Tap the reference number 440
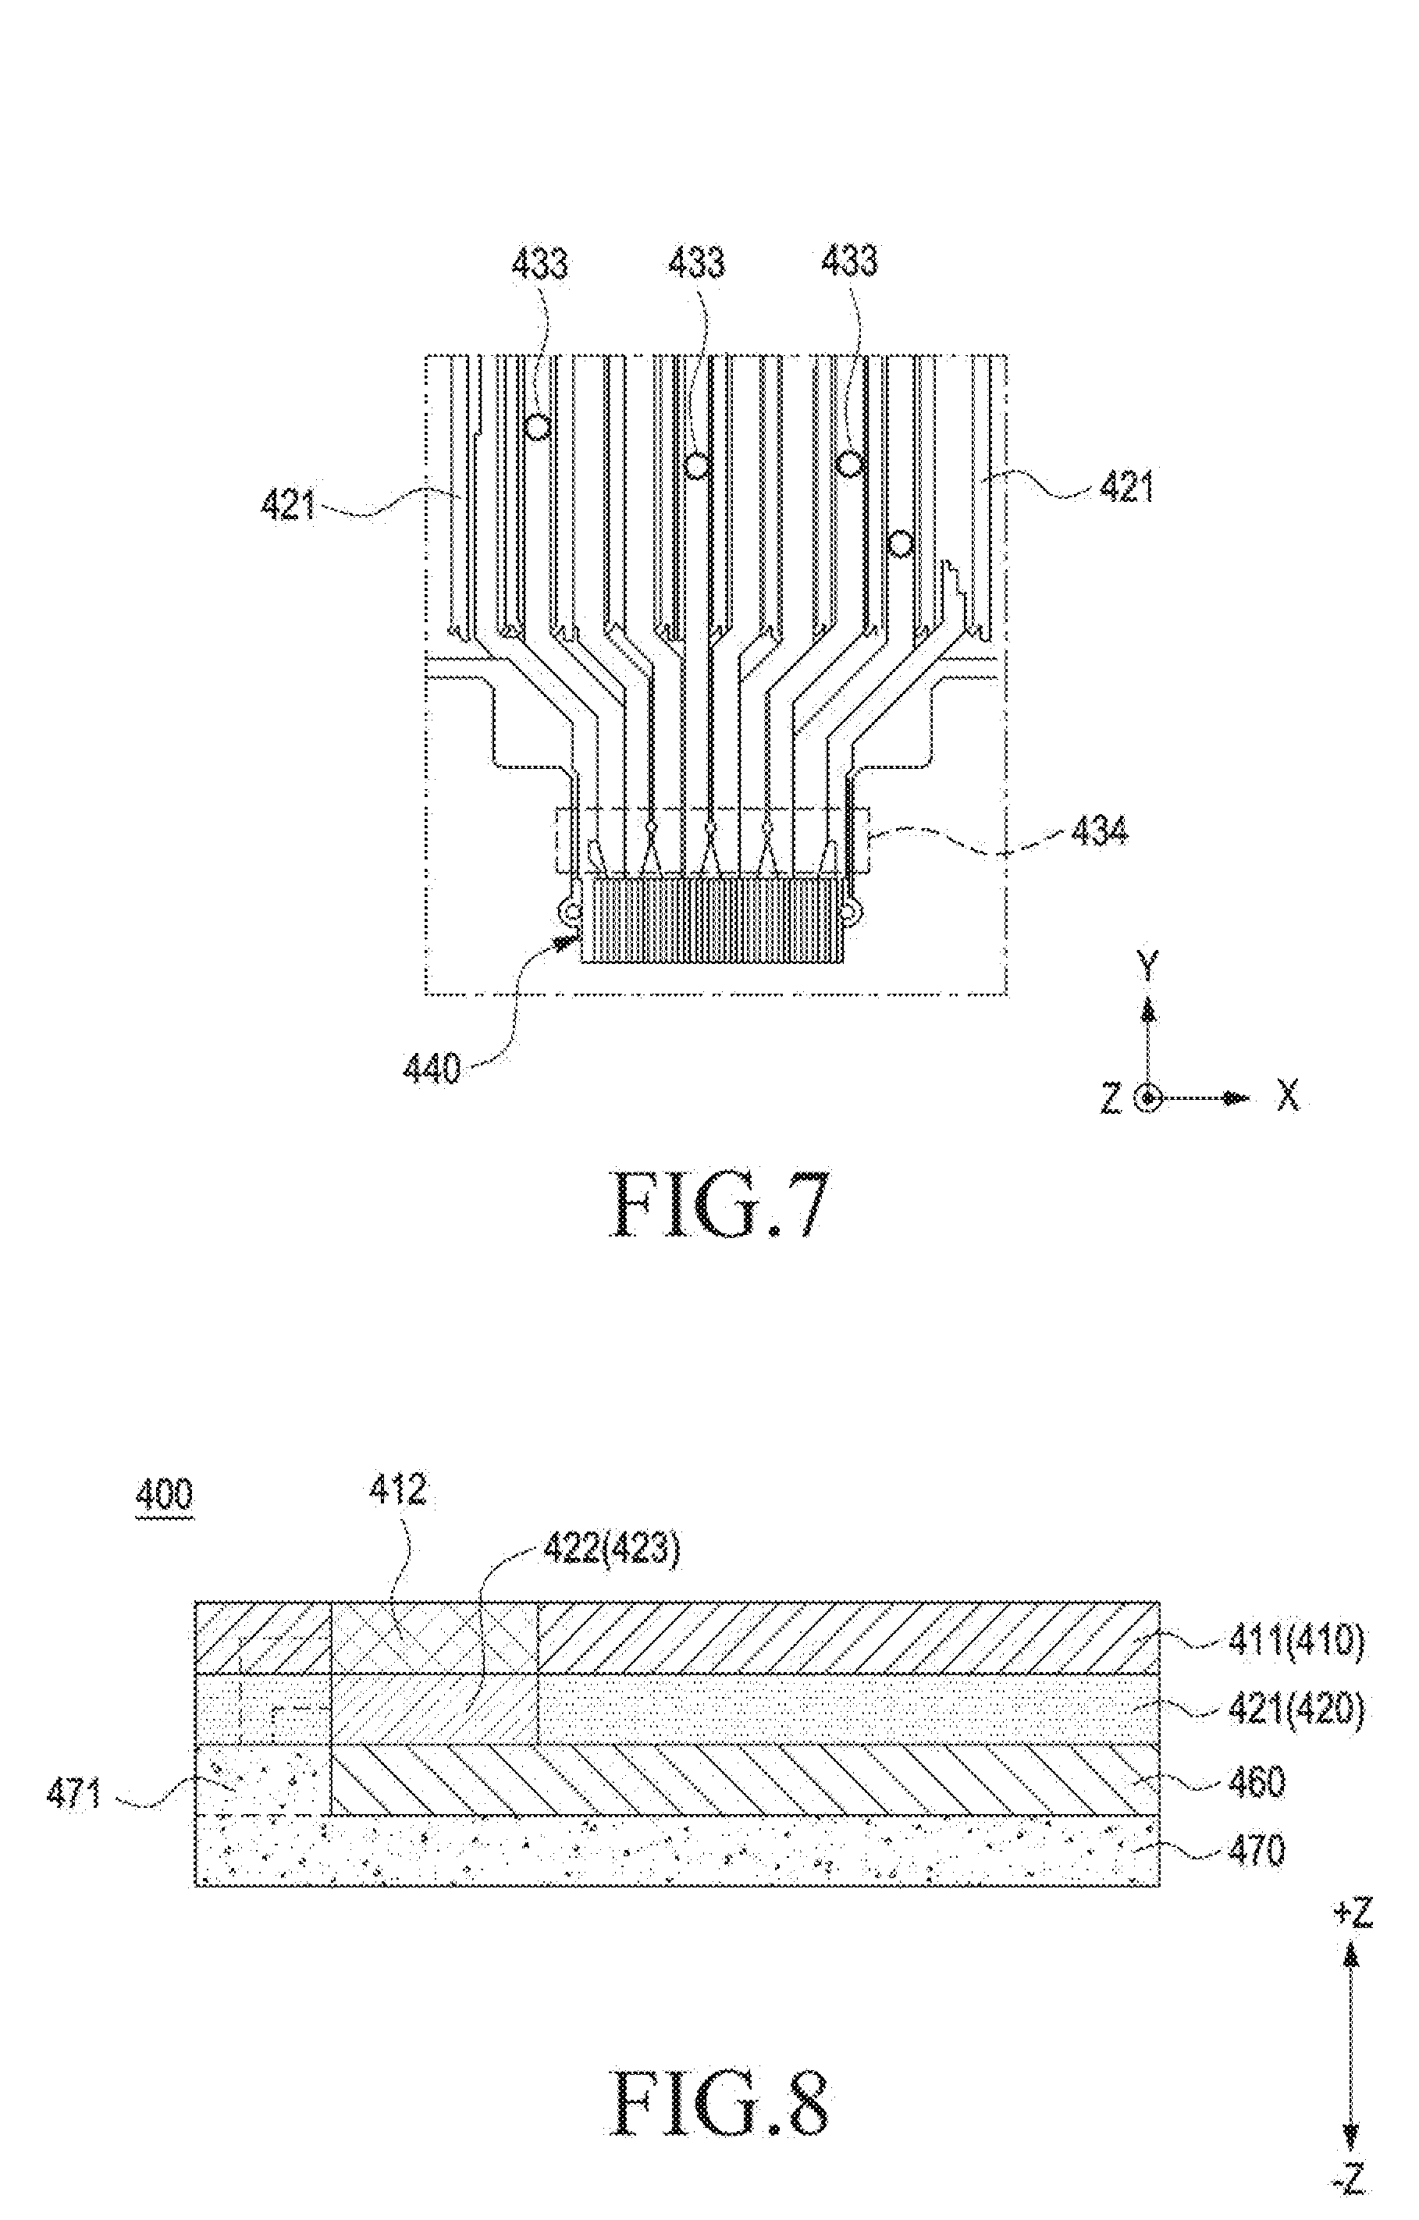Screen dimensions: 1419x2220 point(432,1069)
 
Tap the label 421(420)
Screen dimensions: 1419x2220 point(1296,1711)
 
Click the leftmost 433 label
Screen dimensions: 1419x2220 point(539,265)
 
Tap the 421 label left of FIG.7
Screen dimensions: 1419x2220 point(289,504)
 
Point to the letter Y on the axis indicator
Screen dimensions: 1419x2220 point(1148,967)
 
